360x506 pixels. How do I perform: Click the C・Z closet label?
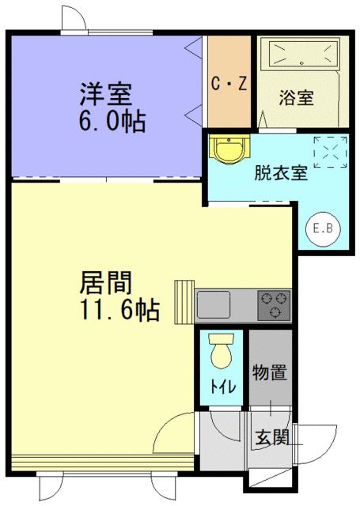point(229,83)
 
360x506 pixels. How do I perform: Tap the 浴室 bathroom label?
point(297,99)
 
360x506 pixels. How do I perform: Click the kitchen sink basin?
point(214,304)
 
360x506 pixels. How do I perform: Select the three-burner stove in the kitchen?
point(273,304)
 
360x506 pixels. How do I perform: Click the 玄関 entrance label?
point(271,436)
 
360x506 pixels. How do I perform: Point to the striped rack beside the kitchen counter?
point(185,302)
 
